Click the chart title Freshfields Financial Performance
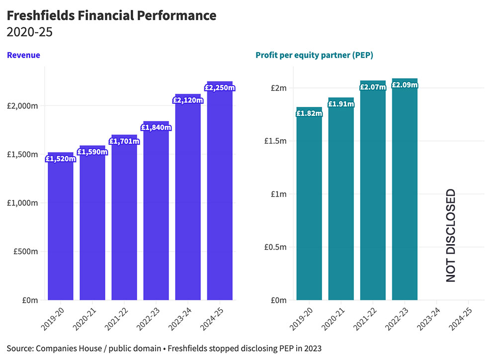click(111, 15)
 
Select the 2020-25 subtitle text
click(29, 33)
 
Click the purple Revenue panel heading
click(23, 55)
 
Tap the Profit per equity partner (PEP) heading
click(314, 55)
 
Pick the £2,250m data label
click(219, 88)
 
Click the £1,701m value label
click(124, 141)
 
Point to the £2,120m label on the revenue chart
click(187, 100)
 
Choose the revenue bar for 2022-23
click(156, 214)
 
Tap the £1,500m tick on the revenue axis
click(23, 154)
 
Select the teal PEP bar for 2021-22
click(372, 194)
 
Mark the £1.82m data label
click(309, 113)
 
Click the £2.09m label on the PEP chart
click(404, 85)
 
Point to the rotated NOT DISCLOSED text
click(450, 236)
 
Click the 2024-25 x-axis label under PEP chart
click(460, 318)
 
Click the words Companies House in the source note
click(62, 347)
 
